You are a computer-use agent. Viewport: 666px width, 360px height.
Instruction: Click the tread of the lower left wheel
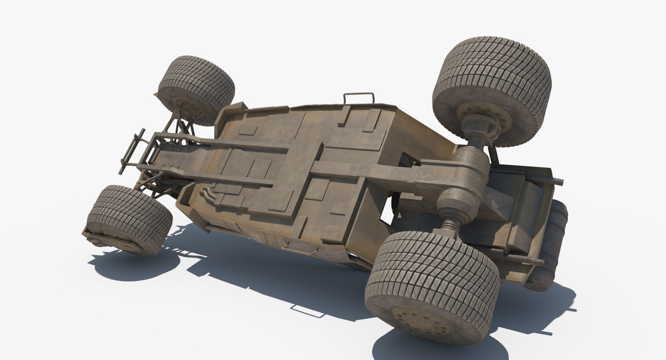(130, 216)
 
